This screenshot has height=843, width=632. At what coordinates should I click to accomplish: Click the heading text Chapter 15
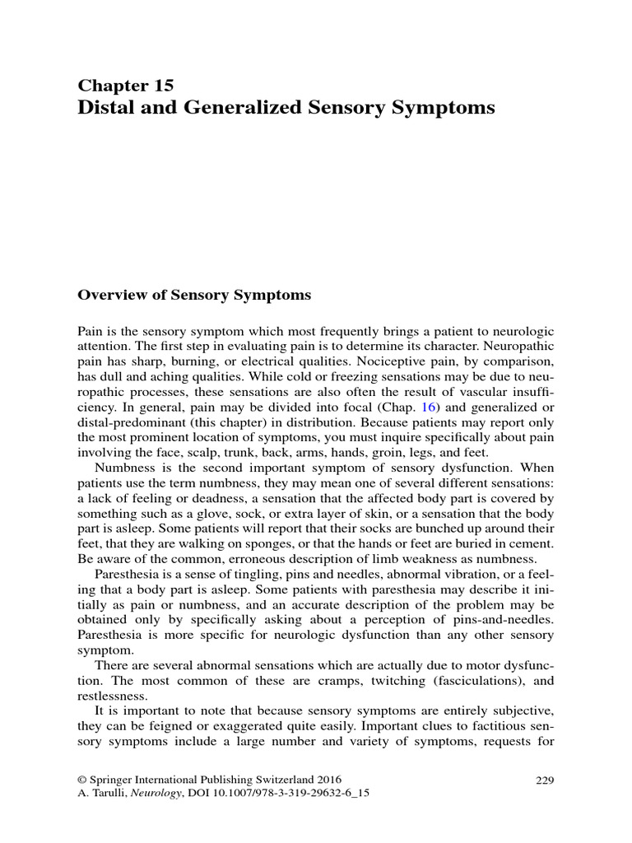point(125,85)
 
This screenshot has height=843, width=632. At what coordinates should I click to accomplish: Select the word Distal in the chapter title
point(105,108)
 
